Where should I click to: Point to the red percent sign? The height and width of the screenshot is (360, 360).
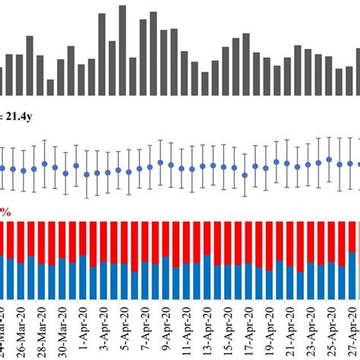pos(5,213)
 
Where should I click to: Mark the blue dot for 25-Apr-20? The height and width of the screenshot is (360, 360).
pos(328,159)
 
